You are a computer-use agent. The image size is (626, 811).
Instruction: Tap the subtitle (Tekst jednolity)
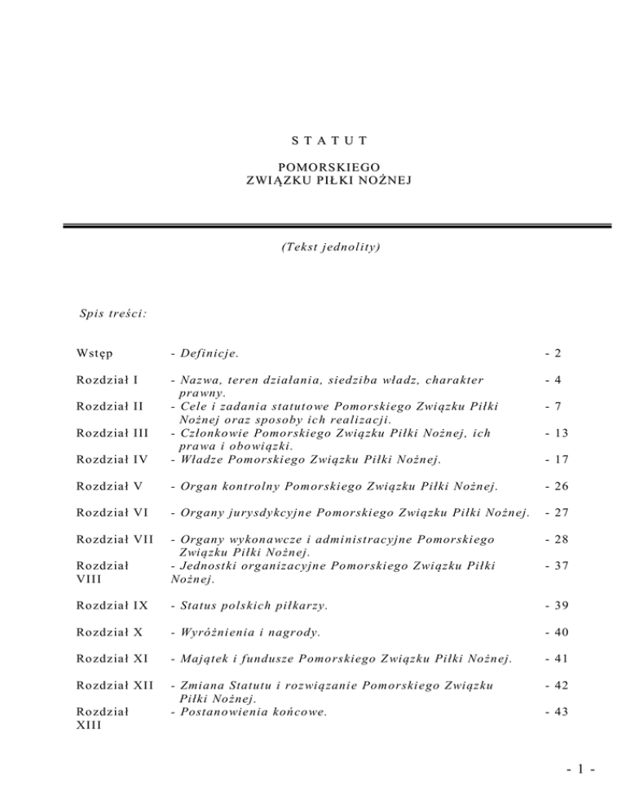[x=313, y=244]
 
